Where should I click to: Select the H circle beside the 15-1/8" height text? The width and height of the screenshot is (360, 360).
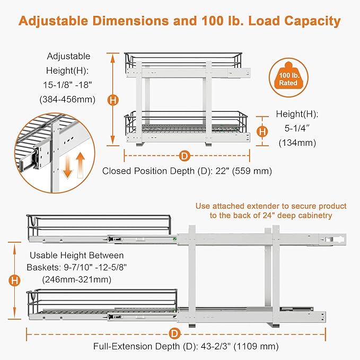112,99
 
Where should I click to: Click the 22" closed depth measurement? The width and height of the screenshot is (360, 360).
216,171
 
